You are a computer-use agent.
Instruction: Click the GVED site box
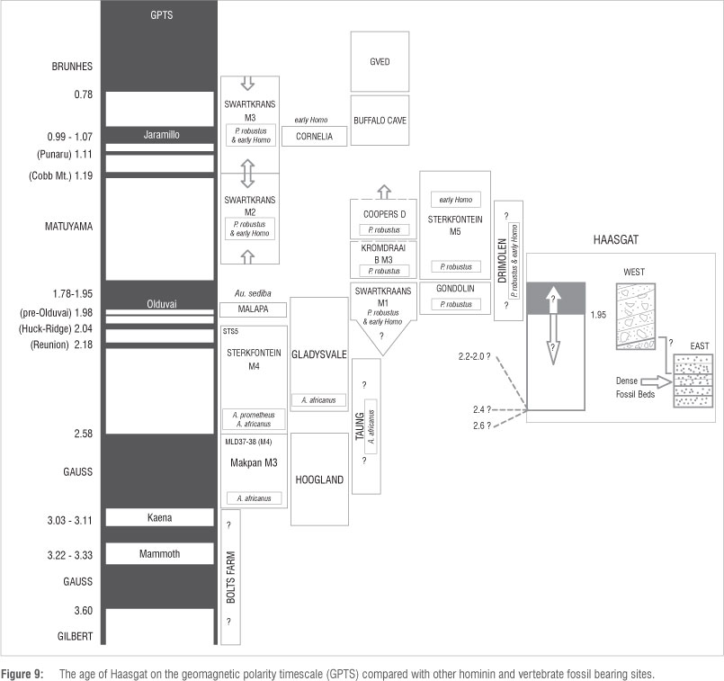pos(380,61)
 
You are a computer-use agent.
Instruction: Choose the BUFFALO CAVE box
pos(380,119)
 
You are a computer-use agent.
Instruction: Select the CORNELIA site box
pos(314,137)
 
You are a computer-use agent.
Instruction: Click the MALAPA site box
pos(254,309)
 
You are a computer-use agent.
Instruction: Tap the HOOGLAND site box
pos(319,480)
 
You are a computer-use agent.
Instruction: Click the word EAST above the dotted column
pos(693,345)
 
